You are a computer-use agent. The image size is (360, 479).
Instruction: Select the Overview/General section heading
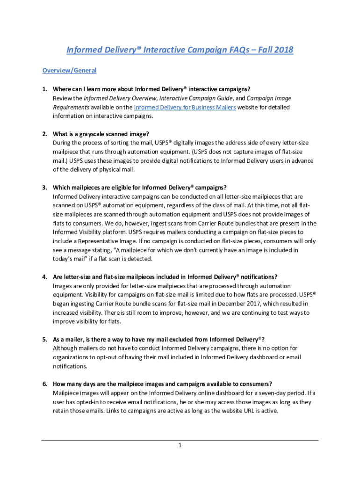tap(69, 71)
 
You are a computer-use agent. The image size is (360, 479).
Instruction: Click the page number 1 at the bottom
tap(180, 445)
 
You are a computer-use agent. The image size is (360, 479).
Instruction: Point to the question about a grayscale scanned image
tap(101, 134)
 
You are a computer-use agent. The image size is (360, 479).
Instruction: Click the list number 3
tap(44, 188)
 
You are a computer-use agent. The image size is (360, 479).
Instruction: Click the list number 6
tap(44, 384)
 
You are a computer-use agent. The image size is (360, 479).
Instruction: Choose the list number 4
tap(44, 277)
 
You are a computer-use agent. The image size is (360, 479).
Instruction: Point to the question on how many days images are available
tap(163, 384)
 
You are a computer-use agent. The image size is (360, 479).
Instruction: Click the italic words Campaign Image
tap(269, 98)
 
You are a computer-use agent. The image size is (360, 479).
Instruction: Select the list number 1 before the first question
tap(44, 89)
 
